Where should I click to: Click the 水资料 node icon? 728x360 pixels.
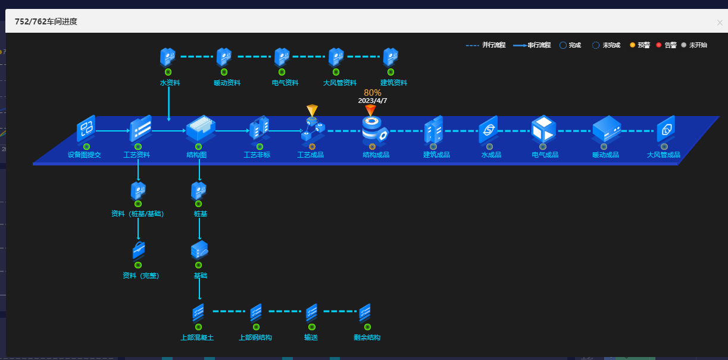pyautogui.click(x=168, y=57)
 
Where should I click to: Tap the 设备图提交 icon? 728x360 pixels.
pyautogui.click(x=86, y=129)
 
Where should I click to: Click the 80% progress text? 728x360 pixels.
pyautogui.click(x=373, y=93)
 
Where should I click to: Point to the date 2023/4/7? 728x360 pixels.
pyautogui.click(x=373, y=101)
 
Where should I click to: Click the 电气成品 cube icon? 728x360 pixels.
pyautogui.click(x=543, y=129)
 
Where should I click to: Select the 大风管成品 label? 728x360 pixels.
pyautogui.click(x=663, y=155)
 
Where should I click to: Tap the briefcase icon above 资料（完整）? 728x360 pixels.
pyautogui.click(x=139, y=250)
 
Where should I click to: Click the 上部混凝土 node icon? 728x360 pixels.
pyautogui.click(x=198, y=312)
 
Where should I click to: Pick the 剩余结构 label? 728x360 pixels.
pyautogui.click(x=367, y=337)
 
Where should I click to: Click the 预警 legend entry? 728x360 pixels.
pyautogui.click(x=640, y=45)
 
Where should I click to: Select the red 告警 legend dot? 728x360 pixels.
pyautogui.click(x=659, y=45)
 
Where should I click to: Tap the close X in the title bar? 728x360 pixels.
pyautogui.click(x=720, y=23)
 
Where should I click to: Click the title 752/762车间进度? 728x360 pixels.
pyautogui.click(x=46, y=21)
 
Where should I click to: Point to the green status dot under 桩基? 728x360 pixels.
pyautogui.click(x=199, y=204)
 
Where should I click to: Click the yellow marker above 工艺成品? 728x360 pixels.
pyautogui.click(x=313, y=110)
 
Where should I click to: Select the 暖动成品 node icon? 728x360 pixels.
pyautogui.click(x=607, y=129)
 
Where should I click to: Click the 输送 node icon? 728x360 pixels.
pyautogui.click(x=311, y=312)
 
